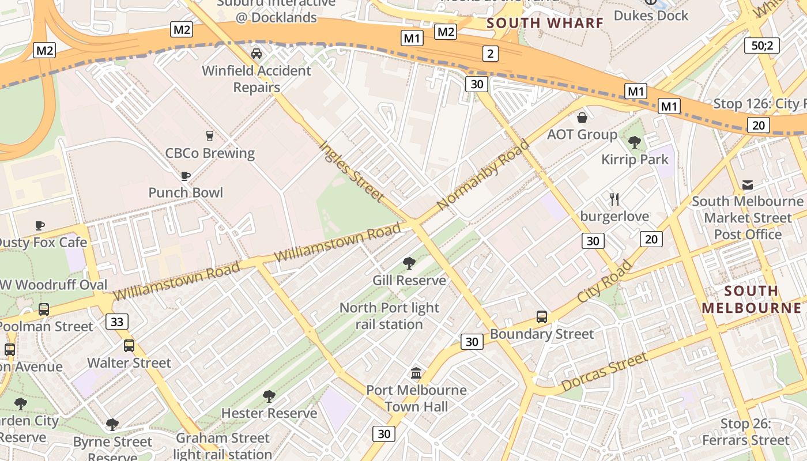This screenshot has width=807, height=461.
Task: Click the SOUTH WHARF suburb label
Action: click(x=545, y=23)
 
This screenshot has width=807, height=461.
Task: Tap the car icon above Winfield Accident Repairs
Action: click(x=257, y=54)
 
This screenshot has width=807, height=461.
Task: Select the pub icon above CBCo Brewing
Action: click(x=210, y=136)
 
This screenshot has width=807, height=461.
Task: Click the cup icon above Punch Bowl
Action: click(x=186, y=176)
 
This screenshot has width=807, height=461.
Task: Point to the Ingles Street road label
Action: click(x=351, y=171)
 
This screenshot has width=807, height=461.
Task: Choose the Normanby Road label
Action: click(x=482, y=175)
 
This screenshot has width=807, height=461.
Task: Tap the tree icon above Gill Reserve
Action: click(x=409, y=263)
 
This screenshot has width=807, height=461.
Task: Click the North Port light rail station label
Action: click(x=389, y=316)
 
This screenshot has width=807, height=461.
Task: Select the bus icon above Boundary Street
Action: click(x=541, y=316)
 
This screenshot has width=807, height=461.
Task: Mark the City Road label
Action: click(x=605, y=281)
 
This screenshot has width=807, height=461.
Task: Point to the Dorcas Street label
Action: click(x=604, y=372)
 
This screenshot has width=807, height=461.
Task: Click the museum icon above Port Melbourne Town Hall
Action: click(x=416, y=373)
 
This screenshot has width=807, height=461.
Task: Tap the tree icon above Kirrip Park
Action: click(x=635, y=142)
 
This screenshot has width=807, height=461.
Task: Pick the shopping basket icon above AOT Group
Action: click(x=582, y=118)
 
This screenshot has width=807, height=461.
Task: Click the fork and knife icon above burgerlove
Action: click(x=614, y=199)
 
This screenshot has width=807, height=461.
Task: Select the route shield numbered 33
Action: click(x=116, y=322)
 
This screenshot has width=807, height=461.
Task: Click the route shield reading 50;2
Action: click(x=761, y=46)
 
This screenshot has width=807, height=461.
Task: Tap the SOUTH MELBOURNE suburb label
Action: click(x=751, y=299)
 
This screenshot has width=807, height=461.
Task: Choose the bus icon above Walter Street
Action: click(x=129, y=346)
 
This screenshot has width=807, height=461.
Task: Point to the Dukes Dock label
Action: click(x=651, y=15)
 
